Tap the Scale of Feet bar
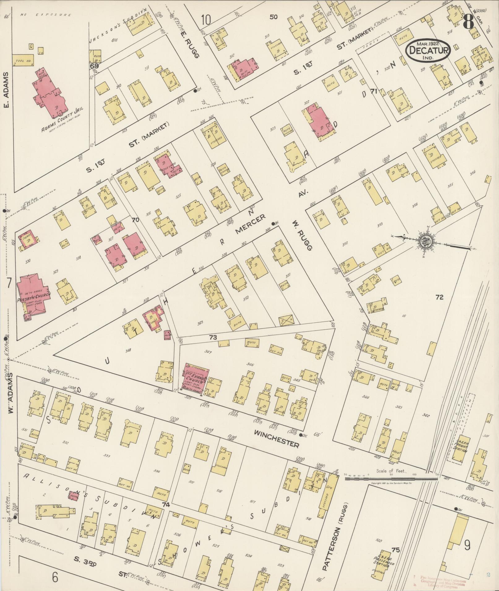[391, 479]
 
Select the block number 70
[135, 220]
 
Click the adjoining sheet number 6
[55, 576]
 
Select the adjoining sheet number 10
[205, 20]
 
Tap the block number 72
[439, 297]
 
